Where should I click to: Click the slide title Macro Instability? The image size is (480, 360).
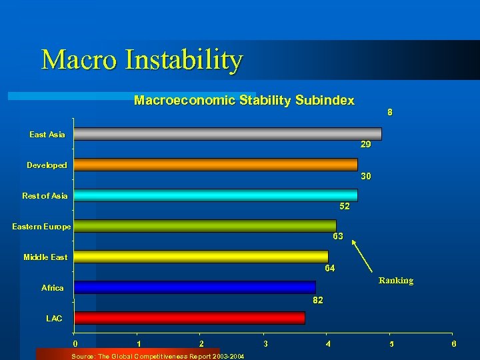(142, 59)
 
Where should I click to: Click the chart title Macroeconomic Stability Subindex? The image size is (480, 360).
(244, 101)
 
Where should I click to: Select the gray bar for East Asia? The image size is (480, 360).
(227, 134)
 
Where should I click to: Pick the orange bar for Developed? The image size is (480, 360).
(215, 165)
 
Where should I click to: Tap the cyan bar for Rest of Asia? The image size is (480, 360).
(215, 195)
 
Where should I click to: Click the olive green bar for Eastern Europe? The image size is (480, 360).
(205, 226)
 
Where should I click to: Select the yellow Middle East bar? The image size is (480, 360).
(201, 257)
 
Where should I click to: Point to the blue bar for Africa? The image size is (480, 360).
(195, 287)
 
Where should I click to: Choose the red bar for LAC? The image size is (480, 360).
(189, 318)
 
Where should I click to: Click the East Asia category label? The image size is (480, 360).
(47, 135)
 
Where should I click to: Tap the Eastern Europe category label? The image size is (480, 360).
(41, 227)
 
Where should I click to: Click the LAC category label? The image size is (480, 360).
(54, 319)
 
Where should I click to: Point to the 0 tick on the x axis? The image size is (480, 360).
(75, 343)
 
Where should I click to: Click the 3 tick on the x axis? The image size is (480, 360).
(265, 343)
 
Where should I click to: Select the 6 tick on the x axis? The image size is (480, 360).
(454, 343)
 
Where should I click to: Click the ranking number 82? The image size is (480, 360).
(318, 301)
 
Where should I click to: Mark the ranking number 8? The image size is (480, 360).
(390, 113)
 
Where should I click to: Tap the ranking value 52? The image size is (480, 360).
(344, 207)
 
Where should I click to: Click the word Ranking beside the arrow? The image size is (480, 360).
(396, 281)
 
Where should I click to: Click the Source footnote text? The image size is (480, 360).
(157, 356)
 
